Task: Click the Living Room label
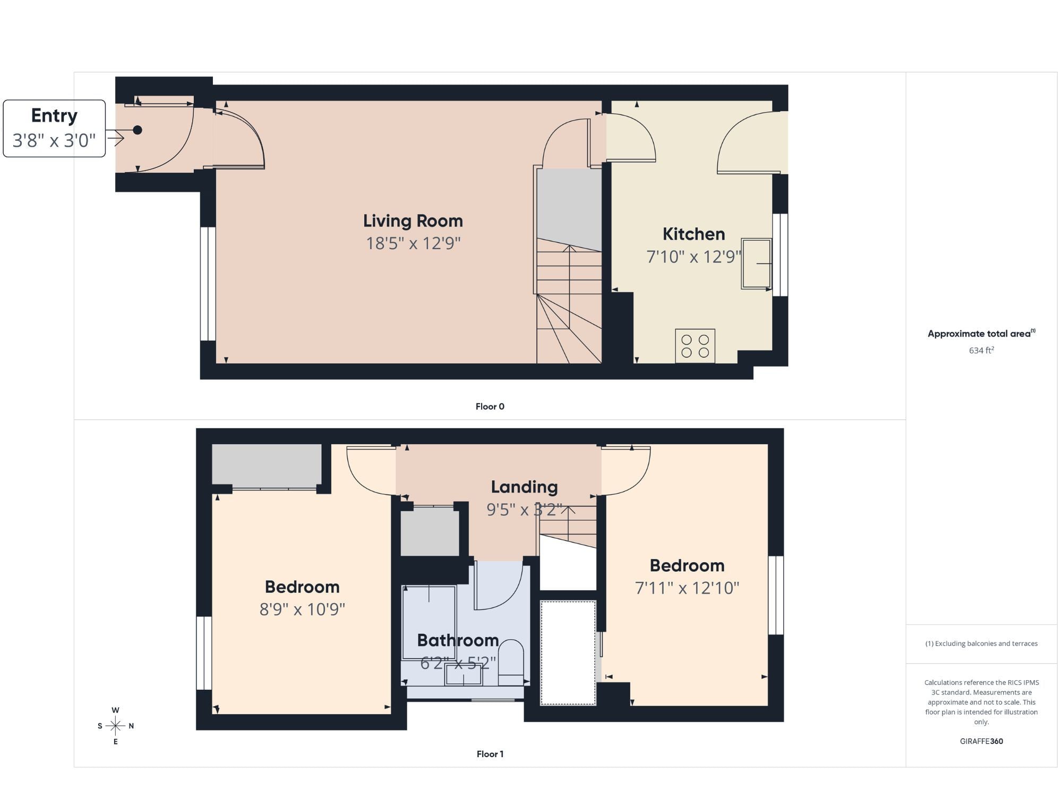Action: coord(413,221)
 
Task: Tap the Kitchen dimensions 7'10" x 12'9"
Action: coord(693,257)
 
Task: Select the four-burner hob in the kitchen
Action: coord(695,346)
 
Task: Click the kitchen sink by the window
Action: coord(757,264)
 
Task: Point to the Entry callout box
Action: coord(54,129)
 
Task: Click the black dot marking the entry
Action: coord(138,130)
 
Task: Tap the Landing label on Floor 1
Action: coord(524,487)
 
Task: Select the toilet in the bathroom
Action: coord(511,662)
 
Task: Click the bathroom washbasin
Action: coord(463,675)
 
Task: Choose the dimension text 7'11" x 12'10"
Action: coord(687,588)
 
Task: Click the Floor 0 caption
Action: coord(490,406)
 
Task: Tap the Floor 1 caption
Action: coord(490,754)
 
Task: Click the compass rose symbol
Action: coord(115,726)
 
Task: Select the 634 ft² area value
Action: coord(981,350)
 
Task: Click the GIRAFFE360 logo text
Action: coord(981,741)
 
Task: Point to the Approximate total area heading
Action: coord(981,334)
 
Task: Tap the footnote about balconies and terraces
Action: coord(981,643)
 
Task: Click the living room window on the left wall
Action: coord(208,284)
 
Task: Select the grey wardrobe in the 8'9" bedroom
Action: coord(267,464)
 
